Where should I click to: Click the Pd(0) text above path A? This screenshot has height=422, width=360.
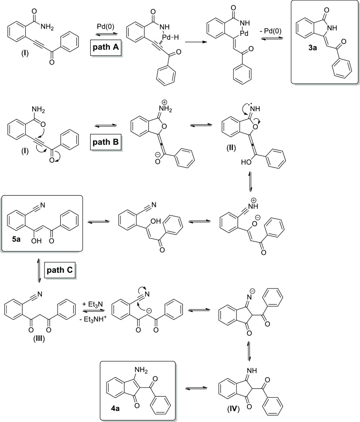coord(103,27)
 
